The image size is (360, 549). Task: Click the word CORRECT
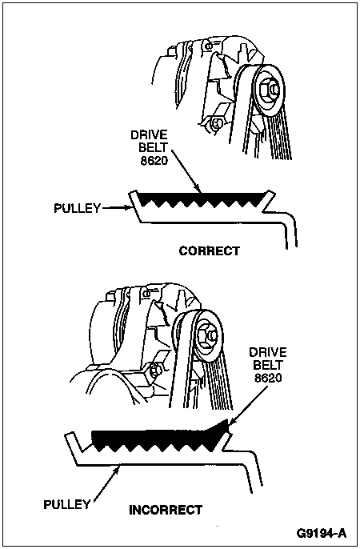point(210,251)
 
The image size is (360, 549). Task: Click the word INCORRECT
point(166,510)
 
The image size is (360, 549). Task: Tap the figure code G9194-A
point(321,533)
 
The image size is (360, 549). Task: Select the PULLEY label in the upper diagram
point(78,208)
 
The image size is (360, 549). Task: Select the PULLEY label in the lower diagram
point(67,504)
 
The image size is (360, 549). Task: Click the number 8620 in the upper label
point(154,160)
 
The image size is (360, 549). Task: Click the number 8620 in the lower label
point(268,378)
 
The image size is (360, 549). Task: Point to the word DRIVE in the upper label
point(149,135)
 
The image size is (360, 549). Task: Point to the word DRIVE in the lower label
point(268,352)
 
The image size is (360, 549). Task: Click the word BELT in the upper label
point(154,148)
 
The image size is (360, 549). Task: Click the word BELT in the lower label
point(267,365)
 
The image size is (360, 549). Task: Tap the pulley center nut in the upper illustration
point(269,90)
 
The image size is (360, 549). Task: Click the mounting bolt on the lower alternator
point(154,370)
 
